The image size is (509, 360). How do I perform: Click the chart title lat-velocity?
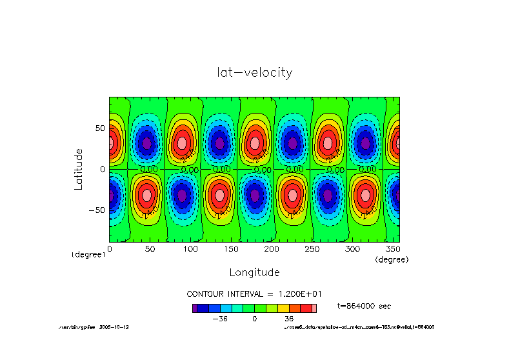(254, 72)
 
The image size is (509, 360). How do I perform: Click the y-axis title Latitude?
(79, 168)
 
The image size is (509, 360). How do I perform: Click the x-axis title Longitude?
(254, 272)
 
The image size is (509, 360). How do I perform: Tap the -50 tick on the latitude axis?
(96, 210)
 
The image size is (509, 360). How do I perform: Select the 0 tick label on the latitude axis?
(102, 169)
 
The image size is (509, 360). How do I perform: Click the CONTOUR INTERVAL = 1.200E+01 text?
(254, 293)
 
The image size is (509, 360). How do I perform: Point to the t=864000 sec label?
(364, 306)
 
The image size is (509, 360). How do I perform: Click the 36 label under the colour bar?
(288, 319)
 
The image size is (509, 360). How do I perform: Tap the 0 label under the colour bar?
(255, 319)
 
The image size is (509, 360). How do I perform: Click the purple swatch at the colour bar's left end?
(194, 308)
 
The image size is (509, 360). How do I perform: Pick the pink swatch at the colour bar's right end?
(314, 308)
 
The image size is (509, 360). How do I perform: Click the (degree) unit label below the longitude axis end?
(392, 259)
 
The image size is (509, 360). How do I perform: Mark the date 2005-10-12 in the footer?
(114, 327)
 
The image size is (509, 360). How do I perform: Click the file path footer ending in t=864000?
(359, 327)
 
